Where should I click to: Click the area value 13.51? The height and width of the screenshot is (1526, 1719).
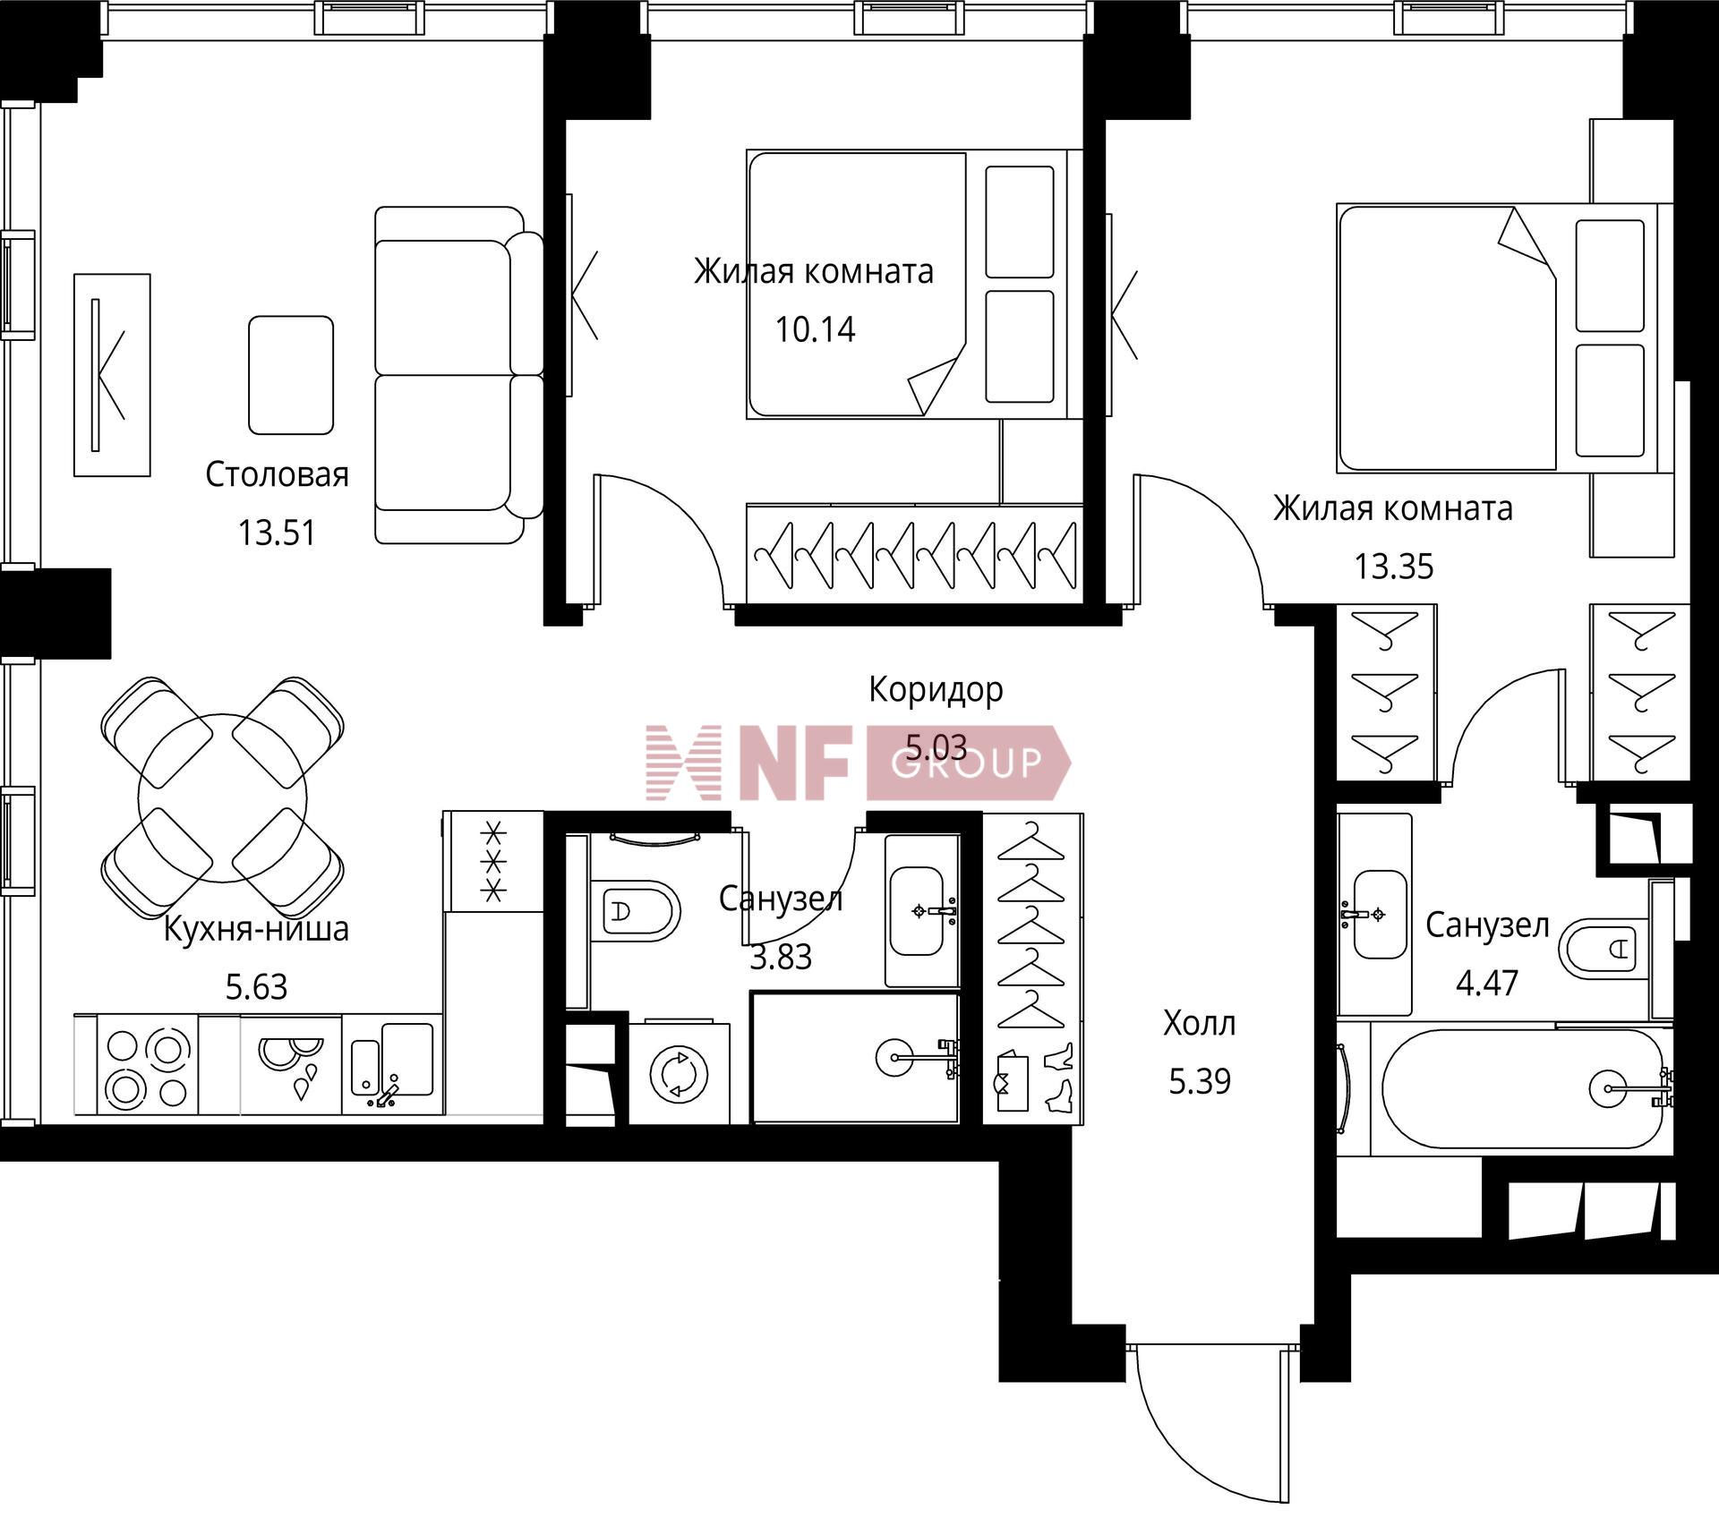277,533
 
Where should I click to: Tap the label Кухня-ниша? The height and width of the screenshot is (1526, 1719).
256,929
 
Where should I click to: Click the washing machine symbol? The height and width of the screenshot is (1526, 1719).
680,1073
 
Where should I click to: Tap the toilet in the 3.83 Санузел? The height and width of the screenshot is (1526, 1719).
637,912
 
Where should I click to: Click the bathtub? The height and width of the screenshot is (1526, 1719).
1522,1088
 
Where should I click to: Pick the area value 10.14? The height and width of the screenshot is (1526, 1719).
815,330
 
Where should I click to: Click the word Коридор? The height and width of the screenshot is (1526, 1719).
936,690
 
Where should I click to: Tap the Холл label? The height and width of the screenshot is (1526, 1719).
1200,1023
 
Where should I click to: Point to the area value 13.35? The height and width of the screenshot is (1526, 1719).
1394,567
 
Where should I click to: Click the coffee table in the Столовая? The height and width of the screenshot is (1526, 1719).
291,375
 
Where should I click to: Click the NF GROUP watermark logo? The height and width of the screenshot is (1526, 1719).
858,763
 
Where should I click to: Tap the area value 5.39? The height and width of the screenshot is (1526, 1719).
1200,1082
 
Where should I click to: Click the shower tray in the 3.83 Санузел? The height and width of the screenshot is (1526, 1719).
855,1057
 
